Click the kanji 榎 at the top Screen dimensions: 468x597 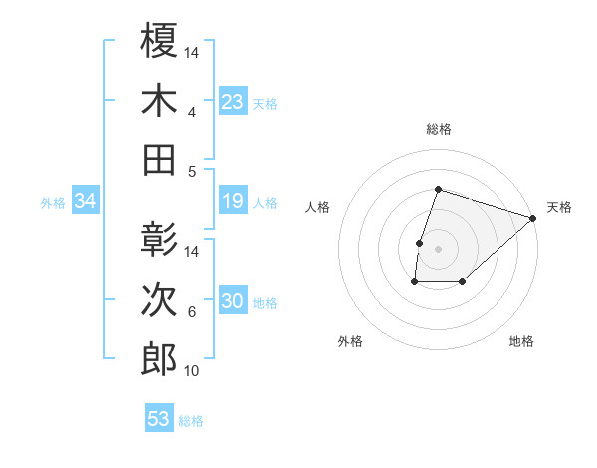tap(160, 42)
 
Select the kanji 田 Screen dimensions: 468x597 tap(160, 159)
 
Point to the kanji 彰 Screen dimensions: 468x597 tap(160, 240)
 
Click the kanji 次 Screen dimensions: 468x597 tap(160, 300)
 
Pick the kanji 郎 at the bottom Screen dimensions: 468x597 tap(160, 359)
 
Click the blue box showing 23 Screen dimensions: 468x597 tap(233, 102)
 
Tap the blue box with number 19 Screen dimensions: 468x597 tap(233, 202)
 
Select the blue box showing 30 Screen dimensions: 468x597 tap(233, 302)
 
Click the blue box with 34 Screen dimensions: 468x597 tap(86, 202)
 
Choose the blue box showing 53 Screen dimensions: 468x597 tap(159, 419)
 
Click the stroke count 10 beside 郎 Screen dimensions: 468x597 tap(192, 371)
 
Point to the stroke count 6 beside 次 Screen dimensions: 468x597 tap(192, 312)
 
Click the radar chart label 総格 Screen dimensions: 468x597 tap(438, 129)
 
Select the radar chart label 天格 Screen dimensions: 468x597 tap(559, 207)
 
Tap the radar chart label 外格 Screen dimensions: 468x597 tap(350, 341)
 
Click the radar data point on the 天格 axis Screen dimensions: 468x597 tap(534, 218)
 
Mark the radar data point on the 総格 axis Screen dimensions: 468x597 tap(438, 190)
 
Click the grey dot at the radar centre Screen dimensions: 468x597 tap(438, 249)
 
